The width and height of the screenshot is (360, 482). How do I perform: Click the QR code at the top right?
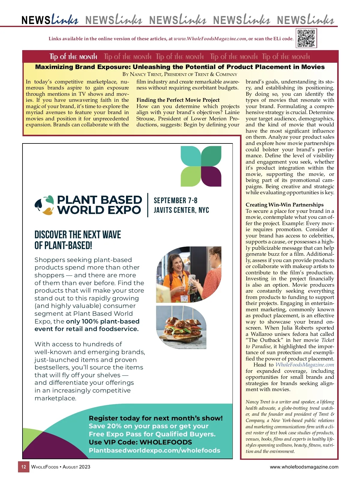pyautogui.click(x=306, y=38)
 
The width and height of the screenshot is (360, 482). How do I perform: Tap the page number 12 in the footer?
pyautogui.click(x=24, y=467)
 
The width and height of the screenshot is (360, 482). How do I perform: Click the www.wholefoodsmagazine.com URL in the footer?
pyautogui.click(x=304, y=467)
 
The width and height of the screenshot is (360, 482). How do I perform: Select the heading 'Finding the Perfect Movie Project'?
pyautogui.click(x=178, y=100)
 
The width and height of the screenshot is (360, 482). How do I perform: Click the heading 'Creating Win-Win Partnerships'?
pyautogui.click(x=284, y=205)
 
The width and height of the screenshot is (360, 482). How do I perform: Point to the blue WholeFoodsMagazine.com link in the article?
pyautogui.click(x=304, y=365)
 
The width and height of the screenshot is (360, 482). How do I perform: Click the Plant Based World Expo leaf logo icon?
pyautogui.click(x=44, y=205)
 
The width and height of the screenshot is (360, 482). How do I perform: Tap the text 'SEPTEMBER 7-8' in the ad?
pyautogui.click(x=175, y=200)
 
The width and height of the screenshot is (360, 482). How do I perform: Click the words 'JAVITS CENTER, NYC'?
pyautogui.click(x=181, y=210)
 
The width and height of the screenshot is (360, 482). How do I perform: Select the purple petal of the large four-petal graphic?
pyautogui.click(x=211, y=176)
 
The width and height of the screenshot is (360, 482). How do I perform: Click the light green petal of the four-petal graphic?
pyautogui.click(x=190, y=176)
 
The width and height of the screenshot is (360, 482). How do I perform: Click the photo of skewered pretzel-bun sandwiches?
pyautogui.click(x=181, y=327)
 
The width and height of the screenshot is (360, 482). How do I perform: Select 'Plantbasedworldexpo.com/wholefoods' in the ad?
pyautogui.click(x=154, y=450)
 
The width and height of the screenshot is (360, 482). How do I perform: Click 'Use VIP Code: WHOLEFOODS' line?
pyautogui.click(x=140, y=442)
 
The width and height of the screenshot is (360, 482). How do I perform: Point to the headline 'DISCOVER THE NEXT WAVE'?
pyautogui.click(x=78, y=234)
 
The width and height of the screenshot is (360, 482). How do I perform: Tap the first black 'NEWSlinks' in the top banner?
pyautogui.click(x=50, y=20)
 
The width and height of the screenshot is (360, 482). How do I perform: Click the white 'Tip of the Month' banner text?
pyautogui.click(x=73, y=57)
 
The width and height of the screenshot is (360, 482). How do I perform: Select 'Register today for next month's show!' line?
pyautogui.click(x=156, y=418)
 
